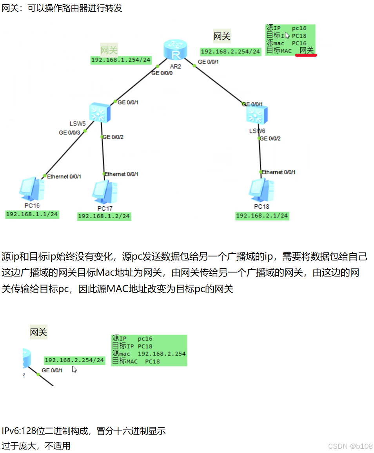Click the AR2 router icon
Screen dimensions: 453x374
coord(176,51)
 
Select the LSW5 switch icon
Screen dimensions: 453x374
coord(100,113)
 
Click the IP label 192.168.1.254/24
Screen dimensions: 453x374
coord(121,60)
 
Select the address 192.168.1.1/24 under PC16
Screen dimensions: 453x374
coord(32,214)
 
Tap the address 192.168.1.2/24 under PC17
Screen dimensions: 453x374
coord(104,216)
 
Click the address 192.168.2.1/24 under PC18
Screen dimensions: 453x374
coord(262,216)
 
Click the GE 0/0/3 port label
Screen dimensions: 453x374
coord(69,133)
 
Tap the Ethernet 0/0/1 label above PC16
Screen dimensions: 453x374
coord(64,177)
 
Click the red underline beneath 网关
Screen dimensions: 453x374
coord(306,55)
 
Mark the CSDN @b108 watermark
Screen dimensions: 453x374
coord(350,446)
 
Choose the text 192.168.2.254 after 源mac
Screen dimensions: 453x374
coord(162,354)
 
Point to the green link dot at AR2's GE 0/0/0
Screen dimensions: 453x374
coord(157,66)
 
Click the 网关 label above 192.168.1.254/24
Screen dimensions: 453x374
coord(109,50)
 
